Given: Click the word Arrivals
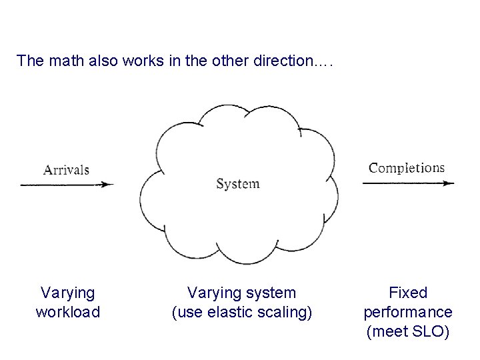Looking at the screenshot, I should [x=66, y=169].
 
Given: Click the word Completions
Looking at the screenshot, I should [x=407, y=168].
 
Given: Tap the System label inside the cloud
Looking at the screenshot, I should [x=238, y=183].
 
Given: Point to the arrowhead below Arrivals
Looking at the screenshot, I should [x=109, y=185].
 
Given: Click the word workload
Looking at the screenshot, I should [x=67, y=312].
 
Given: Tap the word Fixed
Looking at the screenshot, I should [x=407, y=293].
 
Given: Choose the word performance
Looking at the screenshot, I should [x=407, y=312].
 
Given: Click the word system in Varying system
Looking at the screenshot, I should [x=269, y=293].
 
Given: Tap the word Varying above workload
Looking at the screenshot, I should [x=67, y=293].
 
